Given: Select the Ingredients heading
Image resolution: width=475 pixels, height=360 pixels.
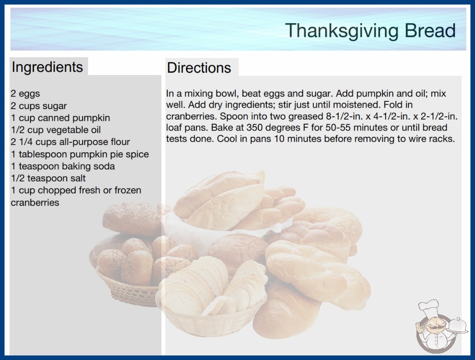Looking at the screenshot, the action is click(x=47, y=67).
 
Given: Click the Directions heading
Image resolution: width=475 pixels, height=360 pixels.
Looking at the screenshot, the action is click(x=199, y=68).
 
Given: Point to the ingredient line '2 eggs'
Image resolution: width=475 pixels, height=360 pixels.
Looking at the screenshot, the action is click(x=25, y=94).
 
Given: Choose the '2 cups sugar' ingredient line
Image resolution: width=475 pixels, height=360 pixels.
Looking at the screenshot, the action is click(x=39, y=106).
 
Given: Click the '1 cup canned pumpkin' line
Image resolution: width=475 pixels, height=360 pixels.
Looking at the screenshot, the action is click(x=60, y=118).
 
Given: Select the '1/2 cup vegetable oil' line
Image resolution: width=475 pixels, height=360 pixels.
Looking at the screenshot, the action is click(x=56, y=130).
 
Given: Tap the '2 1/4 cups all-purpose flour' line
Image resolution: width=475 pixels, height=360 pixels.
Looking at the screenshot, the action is click(x=70, y=142).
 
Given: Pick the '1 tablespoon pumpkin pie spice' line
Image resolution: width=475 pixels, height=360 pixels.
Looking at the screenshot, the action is click(x=80, y=154).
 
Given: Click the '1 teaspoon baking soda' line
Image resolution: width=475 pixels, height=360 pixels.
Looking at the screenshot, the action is click(x=63, y=166).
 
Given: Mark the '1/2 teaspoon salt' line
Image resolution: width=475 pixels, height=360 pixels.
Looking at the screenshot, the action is click(x=48, y=178).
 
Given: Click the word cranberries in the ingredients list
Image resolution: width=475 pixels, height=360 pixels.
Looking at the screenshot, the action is click(x=35, y=202).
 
